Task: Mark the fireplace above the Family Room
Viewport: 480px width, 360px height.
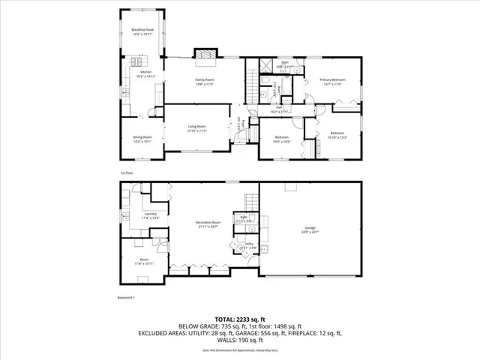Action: (x=205, y=55)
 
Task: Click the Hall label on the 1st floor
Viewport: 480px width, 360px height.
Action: (x=279, y=109)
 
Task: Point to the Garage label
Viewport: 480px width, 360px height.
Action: (x=310, y=229)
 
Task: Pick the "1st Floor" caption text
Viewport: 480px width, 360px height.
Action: (x=125, y=173)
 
